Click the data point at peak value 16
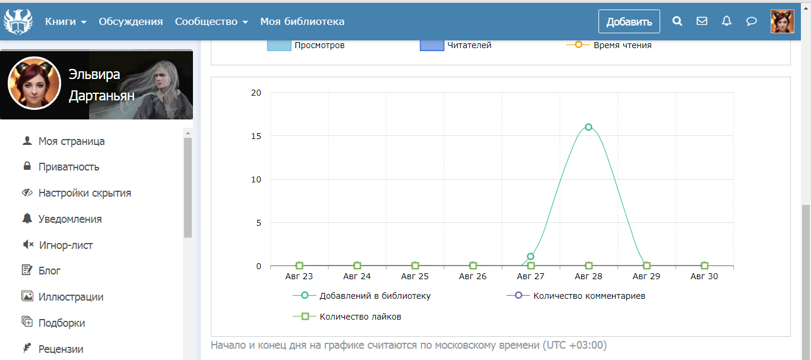pos(588,127)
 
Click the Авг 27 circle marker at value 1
pos(531,257)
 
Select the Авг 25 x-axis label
pos(414,276)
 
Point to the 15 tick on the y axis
pos(256,136)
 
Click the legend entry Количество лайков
pos(360,317)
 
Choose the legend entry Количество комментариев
pos(589,296)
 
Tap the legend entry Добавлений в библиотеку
pos(375,296)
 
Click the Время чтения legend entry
pos(622,45)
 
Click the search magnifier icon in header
pos(677,21)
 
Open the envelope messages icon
pos(702,21)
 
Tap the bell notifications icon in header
pos(726,21)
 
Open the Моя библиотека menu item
pos(302,21)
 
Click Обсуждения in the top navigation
pos(131,21)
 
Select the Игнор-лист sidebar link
pos(65,245)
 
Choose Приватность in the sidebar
pos(69,167)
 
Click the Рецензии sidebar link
pos(61,349)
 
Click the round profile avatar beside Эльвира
pos(34,84)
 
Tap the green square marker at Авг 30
pos(704,266)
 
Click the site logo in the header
pos(18,21)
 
